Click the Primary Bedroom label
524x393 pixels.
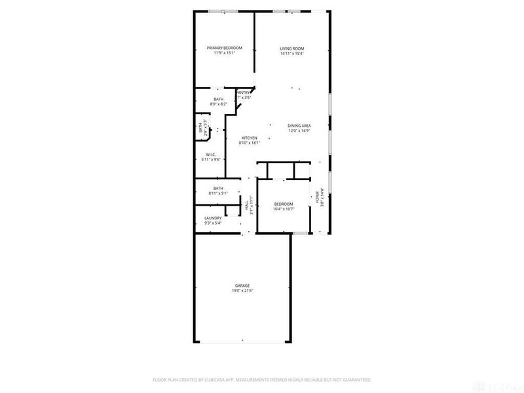pyautogui.click(x=225, y=48)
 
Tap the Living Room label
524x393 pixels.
pyautogui.click(x=292, y=48)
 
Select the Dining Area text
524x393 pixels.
pyautogui.click(x=299, y=126)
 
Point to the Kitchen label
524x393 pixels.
pyautogui.click(x=249, y=138)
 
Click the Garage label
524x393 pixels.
pyautogui.click(x=242, y=286)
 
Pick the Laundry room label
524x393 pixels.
pyautogui.click(x=212, y=218)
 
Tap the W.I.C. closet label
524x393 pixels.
pyautogui.click(x=211, y=155)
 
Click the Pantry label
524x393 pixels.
pyautogui.click(x=243, y=93)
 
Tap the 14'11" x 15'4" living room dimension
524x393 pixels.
pyautogui.click(x=292, y=53)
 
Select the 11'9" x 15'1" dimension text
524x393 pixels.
pyautogui.click(x=225, y=52)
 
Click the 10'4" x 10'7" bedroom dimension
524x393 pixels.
pyautogui.click(x=284, y=209)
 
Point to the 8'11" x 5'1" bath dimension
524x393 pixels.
pyautogui.click(x=218, y=193)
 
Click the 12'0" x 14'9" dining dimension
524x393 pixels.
pyautogui.click(x=299, y=130)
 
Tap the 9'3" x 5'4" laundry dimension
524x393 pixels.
pyautogui.click(x=212, y=223)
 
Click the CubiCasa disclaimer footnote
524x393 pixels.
pyautogui.click(x=262, y=379)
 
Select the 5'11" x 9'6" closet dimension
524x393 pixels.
pyautogui.click(x=211, y=159)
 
